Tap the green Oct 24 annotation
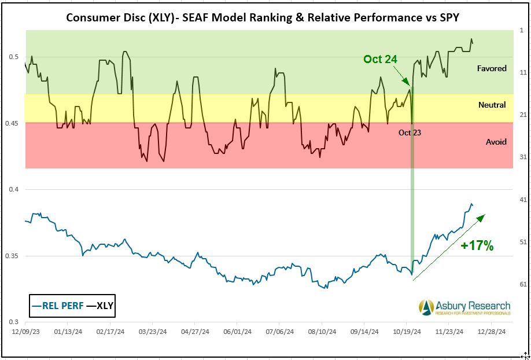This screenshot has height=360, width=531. click(x=380, y=59)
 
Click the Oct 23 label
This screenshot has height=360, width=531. click(x=410, y=133)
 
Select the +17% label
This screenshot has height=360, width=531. click(x=477, y=245)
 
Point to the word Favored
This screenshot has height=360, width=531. click(x=492, y=68)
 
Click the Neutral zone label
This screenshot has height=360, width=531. click(x=492, y=105)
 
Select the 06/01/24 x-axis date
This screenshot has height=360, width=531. click(x=237, y=332)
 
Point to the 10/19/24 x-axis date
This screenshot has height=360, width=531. click(x=407, y=332)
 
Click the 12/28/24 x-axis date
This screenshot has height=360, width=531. click(x=492, y=332)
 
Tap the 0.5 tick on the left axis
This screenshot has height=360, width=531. click(x=13, y=57)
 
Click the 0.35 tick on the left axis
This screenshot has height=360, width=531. click(x=11, y=256)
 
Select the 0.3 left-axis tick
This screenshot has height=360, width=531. click(x=13, y=322)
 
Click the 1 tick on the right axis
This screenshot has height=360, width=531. click(x=521, y=30)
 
